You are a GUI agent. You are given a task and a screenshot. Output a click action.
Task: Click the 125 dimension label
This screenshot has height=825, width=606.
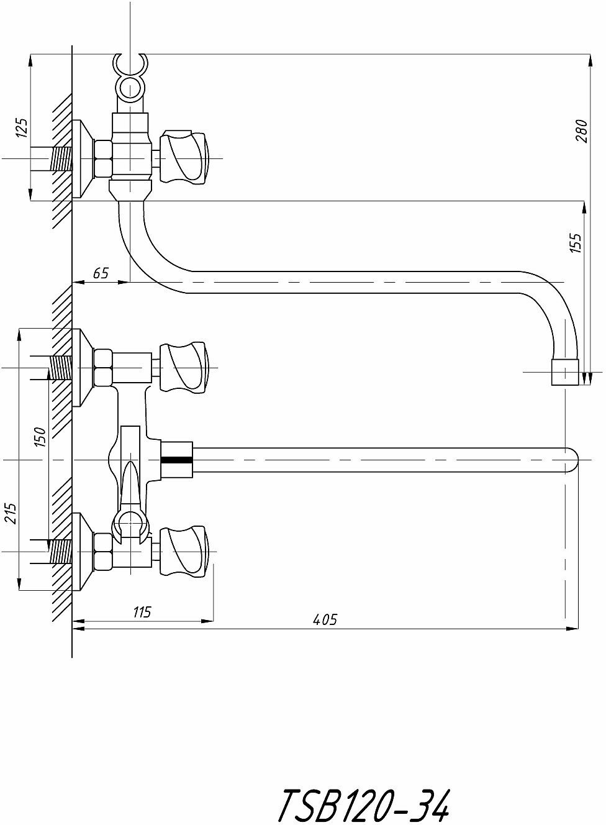22,128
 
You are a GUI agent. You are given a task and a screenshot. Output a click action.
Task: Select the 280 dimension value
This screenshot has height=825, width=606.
582,130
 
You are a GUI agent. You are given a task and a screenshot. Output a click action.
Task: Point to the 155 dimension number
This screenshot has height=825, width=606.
576,242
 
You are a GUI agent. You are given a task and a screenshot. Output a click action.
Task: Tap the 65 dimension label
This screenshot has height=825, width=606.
101,272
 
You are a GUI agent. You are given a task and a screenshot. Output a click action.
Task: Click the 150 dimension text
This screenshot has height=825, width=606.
40,437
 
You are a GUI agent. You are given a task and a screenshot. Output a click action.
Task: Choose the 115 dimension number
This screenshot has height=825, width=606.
142,612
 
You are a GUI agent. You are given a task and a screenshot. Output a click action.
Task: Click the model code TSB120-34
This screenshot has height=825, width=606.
363,806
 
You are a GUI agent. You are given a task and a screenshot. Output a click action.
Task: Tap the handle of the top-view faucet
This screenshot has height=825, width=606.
184,157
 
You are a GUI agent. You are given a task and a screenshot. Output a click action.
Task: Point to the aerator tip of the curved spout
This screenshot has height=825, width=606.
565,372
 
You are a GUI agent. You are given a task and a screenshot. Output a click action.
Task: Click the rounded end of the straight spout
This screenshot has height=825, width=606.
571,460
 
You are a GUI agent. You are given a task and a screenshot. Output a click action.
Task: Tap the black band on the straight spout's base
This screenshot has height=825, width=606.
177,460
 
